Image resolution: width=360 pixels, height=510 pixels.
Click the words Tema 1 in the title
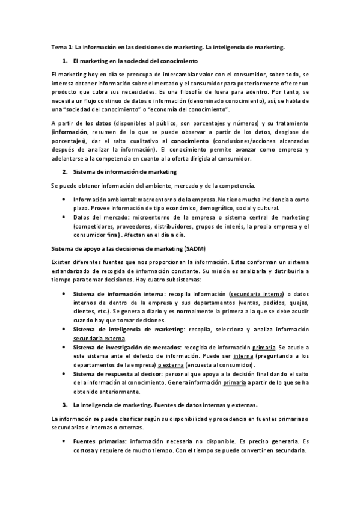tap(61, 46)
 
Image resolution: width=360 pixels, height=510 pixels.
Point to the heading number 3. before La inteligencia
tap(65, 404)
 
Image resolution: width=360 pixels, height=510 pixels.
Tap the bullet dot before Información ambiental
tap(64, 199)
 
